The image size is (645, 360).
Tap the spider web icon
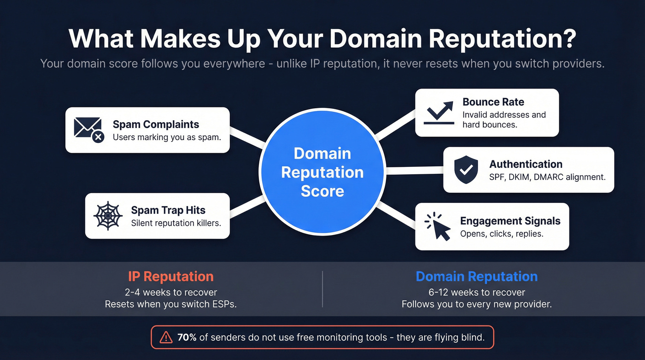coord(108,215)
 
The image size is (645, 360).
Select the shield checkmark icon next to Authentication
coord(466,169)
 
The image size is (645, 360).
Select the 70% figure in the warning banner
coord(187,337)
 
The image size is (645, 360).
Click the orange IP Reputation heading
coord(170,277)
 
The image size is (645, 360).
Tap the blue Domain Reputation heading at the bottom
coord(476,277)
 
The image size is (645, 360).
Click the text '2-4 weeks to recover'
coord(170,292)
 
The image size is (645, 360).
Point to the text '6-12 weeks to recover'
coord(476,292)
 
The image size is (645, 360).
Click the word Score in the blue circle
coord(322,191)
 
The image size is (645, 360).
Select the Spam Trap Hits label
coord(168,210)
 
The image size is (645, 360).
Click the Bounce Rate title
coord(493,102)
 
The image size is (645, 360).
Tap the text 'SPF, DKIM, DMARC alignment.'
coord(547,177)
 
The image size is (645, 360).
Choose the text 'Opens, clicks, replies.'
coord(502,234)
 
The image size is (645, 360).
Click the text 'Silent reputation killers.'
coord(176,223)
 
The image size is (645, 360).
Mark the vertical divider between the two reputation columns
coord(322,289)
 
